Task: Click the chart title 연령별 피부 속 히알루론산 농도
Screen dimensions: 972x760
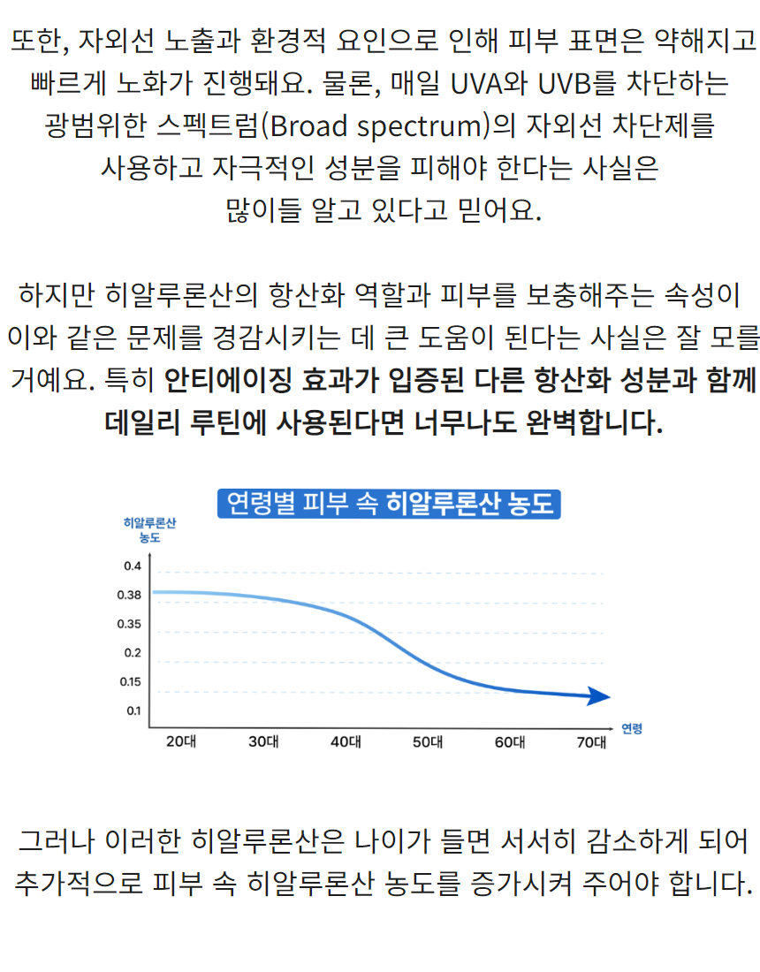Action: pos(390,503)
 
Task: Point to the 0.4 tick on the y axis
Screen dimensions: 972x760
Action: pos(133,566)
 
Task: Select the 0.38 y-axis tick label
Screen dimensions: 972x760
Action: pos(130,595)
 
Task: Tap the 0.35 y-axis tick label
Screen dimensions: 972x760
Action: pos(130,624)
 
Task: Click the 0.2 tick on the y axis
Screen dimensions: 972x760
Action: pos(133,653)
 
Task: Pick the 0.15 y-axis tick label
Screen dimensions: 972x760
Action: pos(130,681)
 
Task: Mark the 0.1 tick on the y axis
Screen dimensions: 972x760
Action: pos(133,710)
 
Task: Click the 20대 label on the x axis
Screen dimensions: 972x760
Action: pos(181,742)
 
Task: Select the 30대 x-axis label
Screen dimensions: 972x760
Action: pos(263,742)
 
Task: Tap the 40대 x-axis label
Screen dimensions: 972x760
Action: pos(346,742)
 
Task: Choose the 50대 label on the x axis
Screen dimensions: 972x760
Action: pos(428,742)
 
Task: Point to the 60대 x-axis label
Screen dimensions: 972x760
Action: pos(510,742)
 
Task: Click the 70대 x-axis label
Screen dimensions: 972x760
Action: pos(592,742)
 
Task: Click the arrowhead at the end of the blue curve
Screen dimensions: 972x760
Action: pos(601,696)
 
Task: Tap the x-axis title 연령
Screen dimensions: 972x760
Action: pos(632,729)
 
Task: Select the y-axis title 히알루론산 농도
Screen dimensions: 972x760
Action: pos(149,530)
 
